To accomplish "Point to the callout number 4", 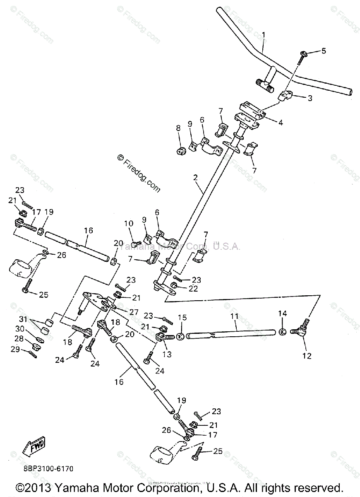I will tap(281, 123).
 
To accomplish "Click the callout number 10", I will tap(128, 224).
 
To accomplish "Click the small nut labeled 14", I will tap(282, 331).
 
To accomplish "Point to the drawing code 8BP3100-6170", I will tap(46, 469).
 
